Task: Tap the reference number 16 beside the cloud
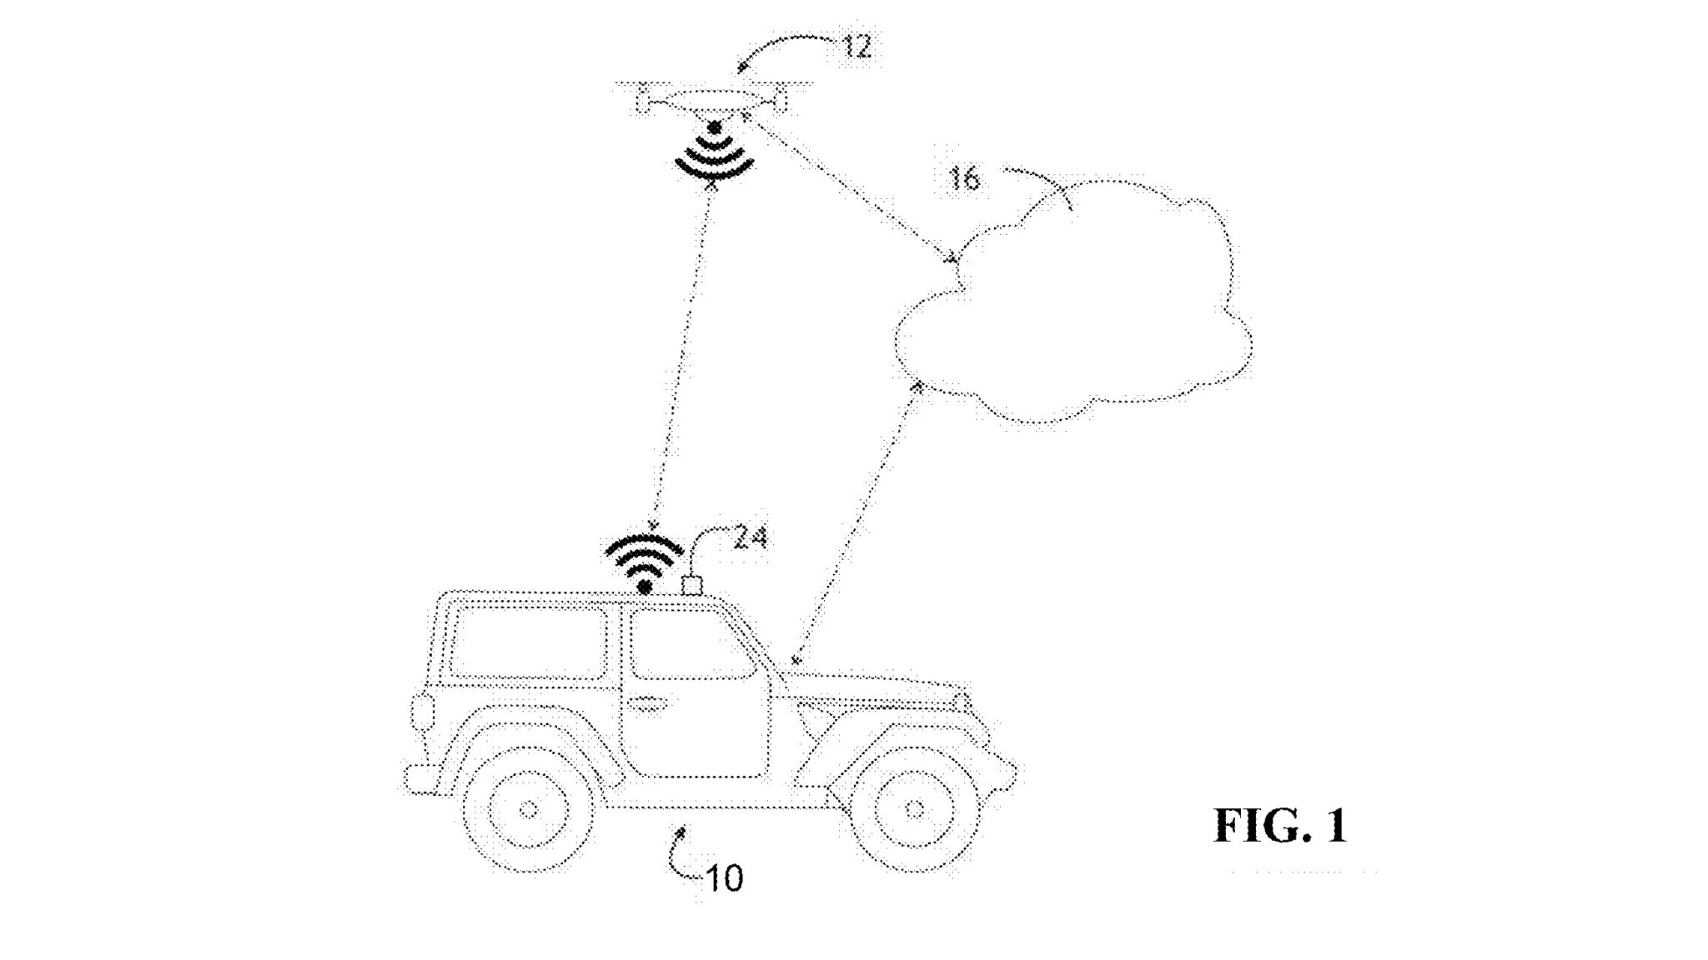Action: [x=964, y=178]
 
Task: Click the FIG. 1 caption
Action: [x=1280, y=825]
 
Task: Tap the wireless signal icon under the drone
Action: [x=713, y=153]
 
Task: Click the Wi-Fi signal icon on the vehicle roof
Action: [x=643, y=563]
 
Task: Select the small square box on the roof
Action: [x=692, y=585]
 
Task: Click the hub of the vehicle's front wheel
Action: [x=913, y=808]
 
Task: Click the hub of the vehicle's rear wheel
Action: [x=527, y=808]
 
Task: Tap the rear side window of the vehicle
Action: [x=528, y=643]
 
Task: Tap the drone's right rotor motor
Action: [x=780, y=102]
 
